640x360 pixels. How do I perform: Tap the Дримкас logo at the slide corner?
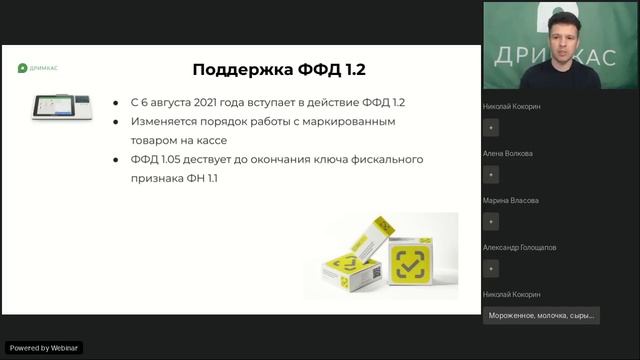click(39, 69)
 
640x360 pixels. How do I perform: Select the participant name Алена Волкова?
click(507, 153)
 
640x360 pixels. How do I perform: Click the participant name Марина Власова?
click(510, 200)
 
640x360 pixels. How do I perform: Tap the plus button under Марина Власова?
click(491, 221)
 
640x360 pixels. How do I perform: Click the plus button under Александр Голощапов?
click(491, 268)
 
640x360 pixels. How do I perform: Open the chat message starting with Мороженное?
click(541, 315)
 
